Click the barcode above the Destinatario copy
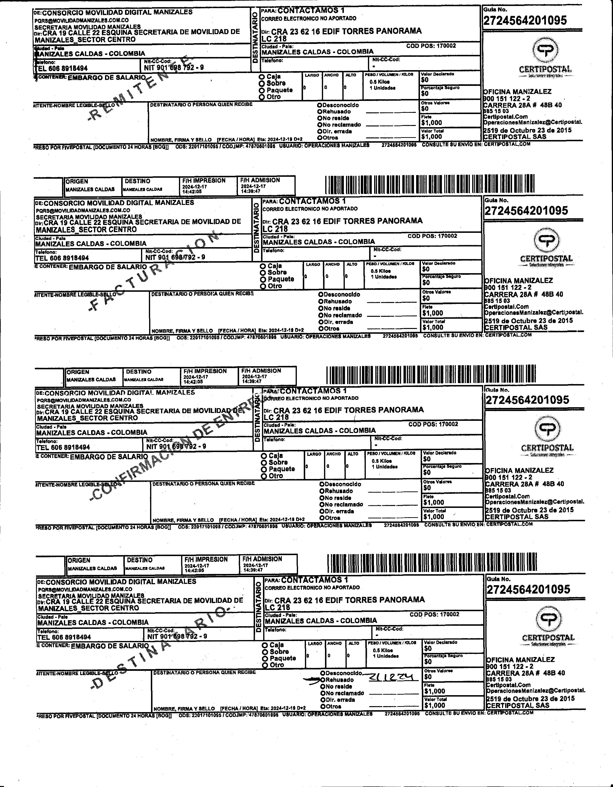pyautogui.click(x=432, y=564)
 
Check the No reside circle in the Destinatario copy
pyautogui.click(x=323, y=687)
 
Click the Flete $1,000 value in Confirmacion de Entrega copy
pyautogui.click(x=434, y=502)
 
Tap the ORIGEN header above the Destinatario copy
pyautogui.click(x=79, y=560)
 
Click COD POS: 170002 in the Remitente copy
pyautogui.click(x=431, y=46)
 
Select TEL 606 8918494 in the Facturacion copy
pyautogui.click(x=62, y=258)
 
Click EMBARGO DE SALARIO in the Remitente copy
pyautogui.click(x=107, y=78)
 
